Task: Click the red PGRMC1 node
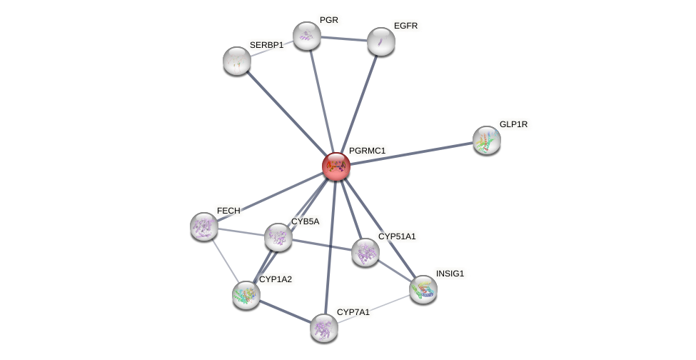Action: (x=336, y=166)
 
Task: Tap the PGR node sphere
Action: (x=307, y=36)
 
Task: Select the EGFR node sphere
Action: (x=381, y=41)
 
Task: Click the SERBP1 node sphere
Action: (x=237, y=61)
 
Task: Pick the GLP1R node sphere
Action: (x=487, y=140)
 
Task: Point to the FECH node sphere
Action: (x=204, y=226)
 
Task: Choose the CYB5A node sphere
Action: (x=278, y=237)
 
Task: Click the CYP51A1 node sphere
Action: (x=365, y=252)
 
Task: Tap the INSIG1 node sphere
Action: (x=423, y=289)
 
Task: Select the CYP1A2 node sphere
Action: (x=246, y=295)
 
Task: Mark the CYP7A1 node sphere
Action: (x=324, y=328)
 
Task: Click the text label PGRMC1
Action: (x=367, y=151)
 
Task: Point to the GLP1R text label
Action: (x=513, y=124)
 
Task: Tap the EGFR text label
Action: (x=405, y=26)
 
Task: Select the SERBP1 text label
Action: (x=266, y=45)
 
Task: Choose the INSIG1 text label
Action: (x=450, y=274)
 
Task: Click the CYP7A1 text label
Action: (x=353, y=312)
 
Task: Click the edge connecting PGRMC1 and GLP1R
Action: (x=411, y=154)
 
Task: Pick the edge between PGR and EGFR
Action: (x=344, y=39)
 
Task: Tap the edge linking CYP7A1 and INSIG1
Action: (x=373, y=309)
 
